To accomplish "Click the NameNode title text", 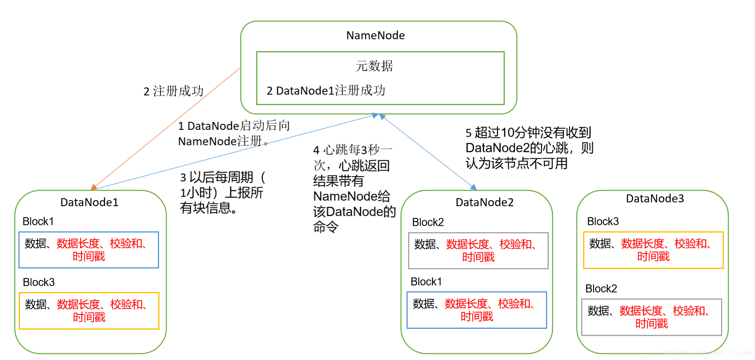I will coord(375,36).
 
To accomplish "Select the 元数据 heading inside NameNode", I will coord(375,66).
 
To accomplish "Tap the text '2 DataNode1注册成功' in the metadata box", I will coord(326,91).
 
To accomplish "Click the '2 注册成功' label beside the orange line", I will coord(173,91).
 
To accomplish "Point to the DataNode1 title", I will coord(89,202).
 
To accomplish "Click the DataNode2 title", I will coord(484,202).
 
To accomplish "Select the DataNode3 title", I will coord(655,199).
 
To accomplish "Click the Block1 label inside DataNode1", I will coord(38,221).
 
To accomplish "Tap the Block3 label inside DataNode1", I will coord(38,282).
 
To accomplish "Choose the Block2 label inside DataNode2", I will coord(428,222).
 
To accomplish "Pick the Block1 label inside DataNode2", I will coord(426,282).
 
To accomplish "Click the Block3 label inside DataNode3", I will coord(603,221).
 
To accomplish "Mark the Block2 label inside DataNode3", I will coord(601,288).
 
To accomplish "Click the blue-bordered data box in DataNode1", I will coord(89,250).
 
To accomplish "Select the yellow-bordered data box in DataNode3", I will coord(653,250).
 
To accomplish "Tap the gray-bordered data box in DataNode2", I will coord(478,251).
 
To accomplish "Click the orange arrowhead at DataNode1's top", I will coord(94,187).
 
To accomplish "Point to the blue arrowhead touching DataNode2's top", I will coord(474,187).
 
